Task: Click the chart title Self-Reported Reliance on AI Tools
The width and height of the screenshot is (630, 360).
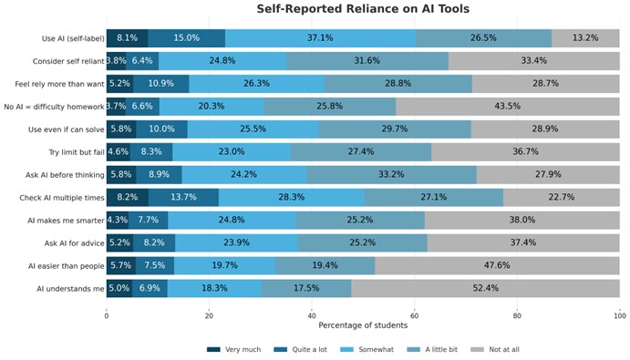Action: click(363, 9)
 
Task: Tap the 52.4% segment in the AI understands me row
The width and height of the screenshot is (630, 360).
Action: click(485, 288)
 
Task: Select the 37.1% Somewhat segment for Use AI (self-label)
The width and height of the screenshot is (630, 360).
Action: click(320, 38)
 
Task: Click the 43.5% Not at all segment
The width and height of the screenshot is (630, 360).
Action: click(508, 106)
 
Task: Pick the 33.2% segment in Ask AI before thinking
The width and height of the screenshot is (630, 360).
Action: click(391, 174)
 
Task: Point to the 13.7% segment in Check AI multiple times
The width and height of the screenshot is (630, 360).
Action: click(183, 197)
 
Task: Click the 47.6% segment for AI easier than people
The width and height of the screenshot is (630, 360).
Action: click(497, 265)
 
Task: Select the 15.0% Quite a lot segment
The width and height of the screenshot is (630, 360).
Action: click(186, 38)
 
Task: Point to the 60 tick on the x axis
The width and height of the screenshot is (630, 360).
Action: click(415, 314)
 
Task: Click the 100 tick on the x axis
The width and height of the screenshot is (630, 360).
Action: click(620, 314)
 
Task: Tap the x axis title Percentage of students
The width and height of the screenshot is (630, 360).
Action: click(363, 325)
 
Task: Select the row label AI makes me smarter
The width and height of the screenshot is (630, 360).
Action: click(67, 220)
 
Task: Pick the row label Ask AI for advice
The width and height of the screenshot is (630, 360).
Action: click(73, 242)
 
